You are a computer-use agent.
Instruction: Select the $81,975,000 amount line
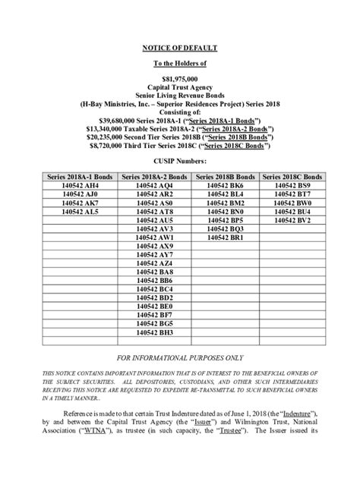point(179,78)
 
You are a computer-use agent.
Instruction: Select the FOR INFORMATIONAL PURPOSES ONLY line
point(179,357)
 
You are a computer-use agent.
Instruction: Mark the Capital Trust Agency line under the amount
point(179,87)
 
